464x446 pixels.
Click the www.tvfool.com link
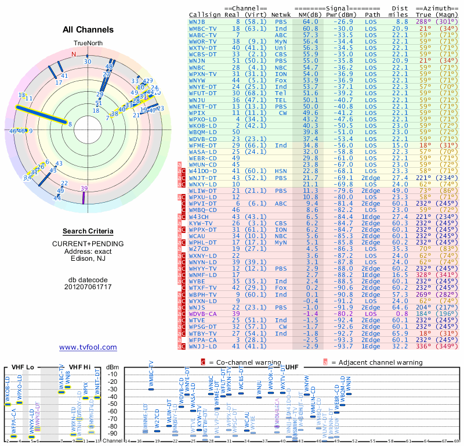pyautogui.click(x=88, y=347)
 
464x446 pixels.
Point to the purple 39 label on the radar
pyautogui.click(x=85, y=188)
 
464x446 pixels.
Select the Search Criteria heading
pyautogui.click(x=88, y=231)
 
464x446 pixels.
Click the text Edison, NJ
pyautogui.click(x=88, y=259)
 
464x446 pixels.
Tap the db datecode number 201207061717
pyautogui.click(x=88, y=287)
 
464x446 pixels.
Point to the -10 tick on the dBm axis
pyautogui.click(x=112, y=374)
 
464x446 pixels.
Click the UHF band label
pyautogui.click(x=292, y=367)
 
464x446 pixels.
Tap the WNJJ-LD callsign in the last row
pyautogui.click(x=202, y=347)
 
